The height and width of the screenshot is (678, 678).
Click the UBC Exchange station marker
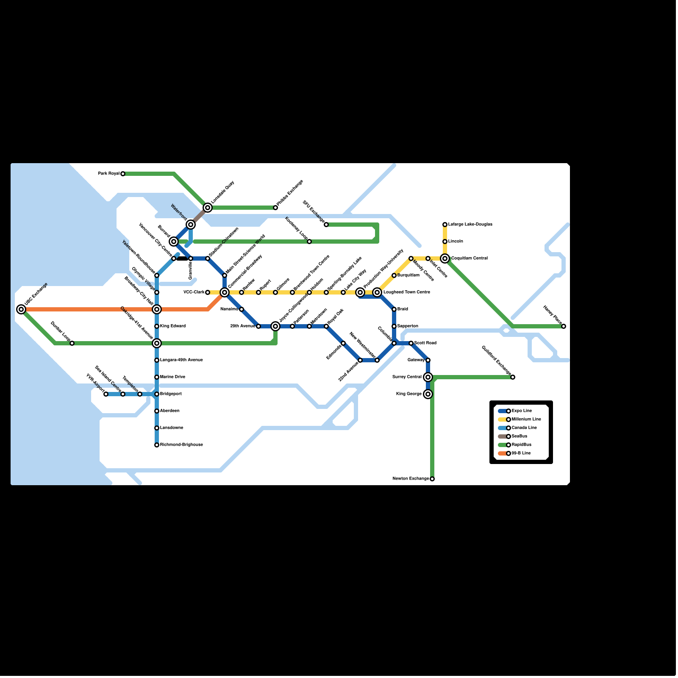[21, 309]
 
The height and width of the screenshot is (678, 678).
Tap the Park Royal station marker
[123, 174]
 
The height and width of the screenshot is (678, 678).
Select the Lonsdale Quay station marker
[208, 208]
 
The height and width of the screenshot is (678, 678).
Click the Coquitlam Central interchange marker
[445, 258]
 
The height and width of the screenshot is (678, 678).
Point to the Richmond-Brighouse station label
[181, 445]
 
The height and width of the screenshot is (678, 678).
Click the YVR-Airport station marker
[106, 394]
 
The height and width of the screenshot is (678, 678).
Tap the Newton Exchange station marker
[432, 479]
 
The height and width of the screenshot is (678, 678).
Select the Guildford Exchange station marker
[513, 377]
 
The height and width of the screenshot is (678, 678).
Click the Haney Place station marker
[564, 326]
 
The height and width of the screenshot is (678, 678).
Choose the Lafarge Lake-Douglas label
[470, 225]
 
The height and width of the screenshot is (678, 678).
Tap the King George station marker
[428, 394]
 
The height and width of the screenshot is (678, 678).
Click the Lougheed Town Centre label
[406, 292]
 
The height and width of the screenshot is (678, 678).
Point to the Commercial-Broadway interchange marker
[225, 292]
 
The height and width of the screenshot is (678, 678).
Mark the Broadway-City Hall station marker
[157, 309]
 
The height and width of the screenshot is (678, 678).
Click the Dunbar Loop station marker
[72, 343]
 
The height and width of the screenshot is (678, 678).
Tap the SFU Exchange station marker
[326, 225]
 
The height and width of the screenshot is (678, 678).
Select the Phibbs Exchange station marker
[275, 208]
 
